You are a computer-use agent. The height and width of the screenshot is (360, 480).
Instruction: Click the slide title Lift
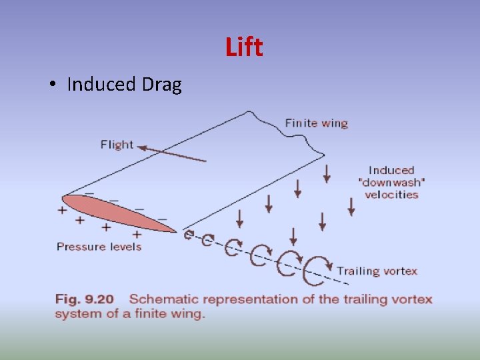point(244,47)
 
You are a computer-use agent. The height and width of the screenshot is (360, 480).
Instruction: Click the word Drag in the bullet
point(161,85)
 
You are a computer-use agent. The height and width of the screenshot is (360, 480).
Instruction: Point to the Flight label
point(117,145)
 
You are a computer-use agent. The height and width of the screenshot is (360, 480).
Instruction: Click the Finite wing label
point(316,123)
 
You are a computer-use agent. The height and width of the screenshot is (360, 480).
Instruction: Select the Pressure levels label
point(99,247)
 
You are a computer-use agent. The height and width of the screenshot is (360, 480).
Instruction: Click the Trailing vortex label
point(377,271)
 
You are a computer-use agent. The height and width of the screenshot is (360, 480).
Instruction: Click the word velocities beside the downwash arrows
point(391,195)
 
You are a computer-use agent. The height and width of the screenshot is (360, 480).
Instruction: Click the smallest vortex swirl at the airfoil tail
point(189,235)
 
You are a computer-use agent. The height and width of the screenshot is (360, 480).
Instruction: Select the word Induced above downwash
point(391,171)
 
